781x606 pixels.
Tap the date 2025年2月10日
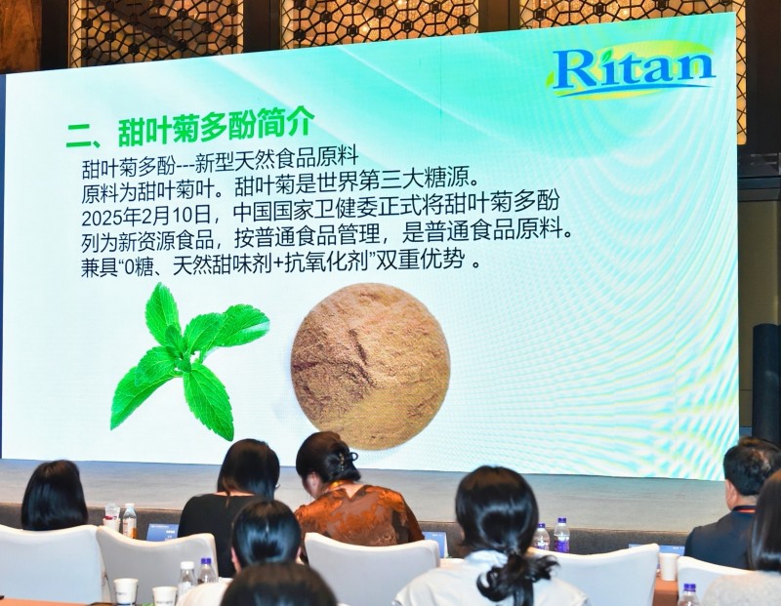pos(145,217)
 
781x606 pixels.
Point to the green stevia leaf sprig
pos(189,361)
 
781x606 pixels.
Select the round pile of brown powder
pos(371,366)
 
